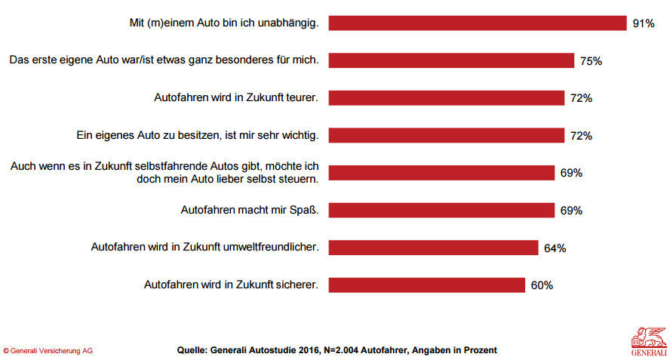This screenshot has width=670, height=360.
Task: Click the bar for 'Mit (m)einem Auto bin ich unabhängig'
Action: pyautogui.click(x=478, y=23)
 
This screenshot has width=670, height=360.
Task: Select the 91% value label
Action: pyautogui.click(x=643, y=23)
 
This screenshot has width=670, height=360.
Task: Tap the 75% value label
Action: pyautogui.click(x=591, y=61)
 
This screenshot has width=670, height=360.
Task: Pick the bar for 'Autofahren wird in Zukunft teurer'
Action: pyautogui.click(x=447, y=98)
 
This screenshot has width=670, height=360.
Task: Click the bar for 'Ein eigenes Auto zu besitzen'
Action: pyautogui.click(x=447, y=135)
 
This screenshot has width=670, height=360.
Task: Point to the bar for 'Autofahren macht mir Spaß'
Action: pyautogui.click(x=441, y=210)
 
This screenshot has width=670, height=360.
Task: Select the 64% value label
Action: pyautogui.click(x=555, y=248)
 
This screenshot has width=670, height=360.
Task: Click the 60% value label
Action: pyautogui.click(x=542, y=285)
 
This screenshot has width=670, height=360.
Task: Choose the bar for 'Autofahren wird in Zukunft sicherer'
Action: pyautogui.click(x=426, y=285)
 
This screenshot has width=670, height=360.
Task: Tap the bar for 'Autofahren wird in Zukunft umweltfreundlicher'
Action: pyautogui.click(x=433, y=248)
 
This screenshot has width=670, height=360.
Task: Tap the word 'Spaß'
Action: pyautogui.click(x=302, y=210)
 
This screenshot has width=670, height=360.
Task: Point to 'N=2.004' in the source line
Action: pyautogui.click(x=337, y=351)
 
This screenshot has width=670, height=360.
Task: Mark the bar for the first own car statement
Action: pyautogui.click(x=451, y=60)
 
